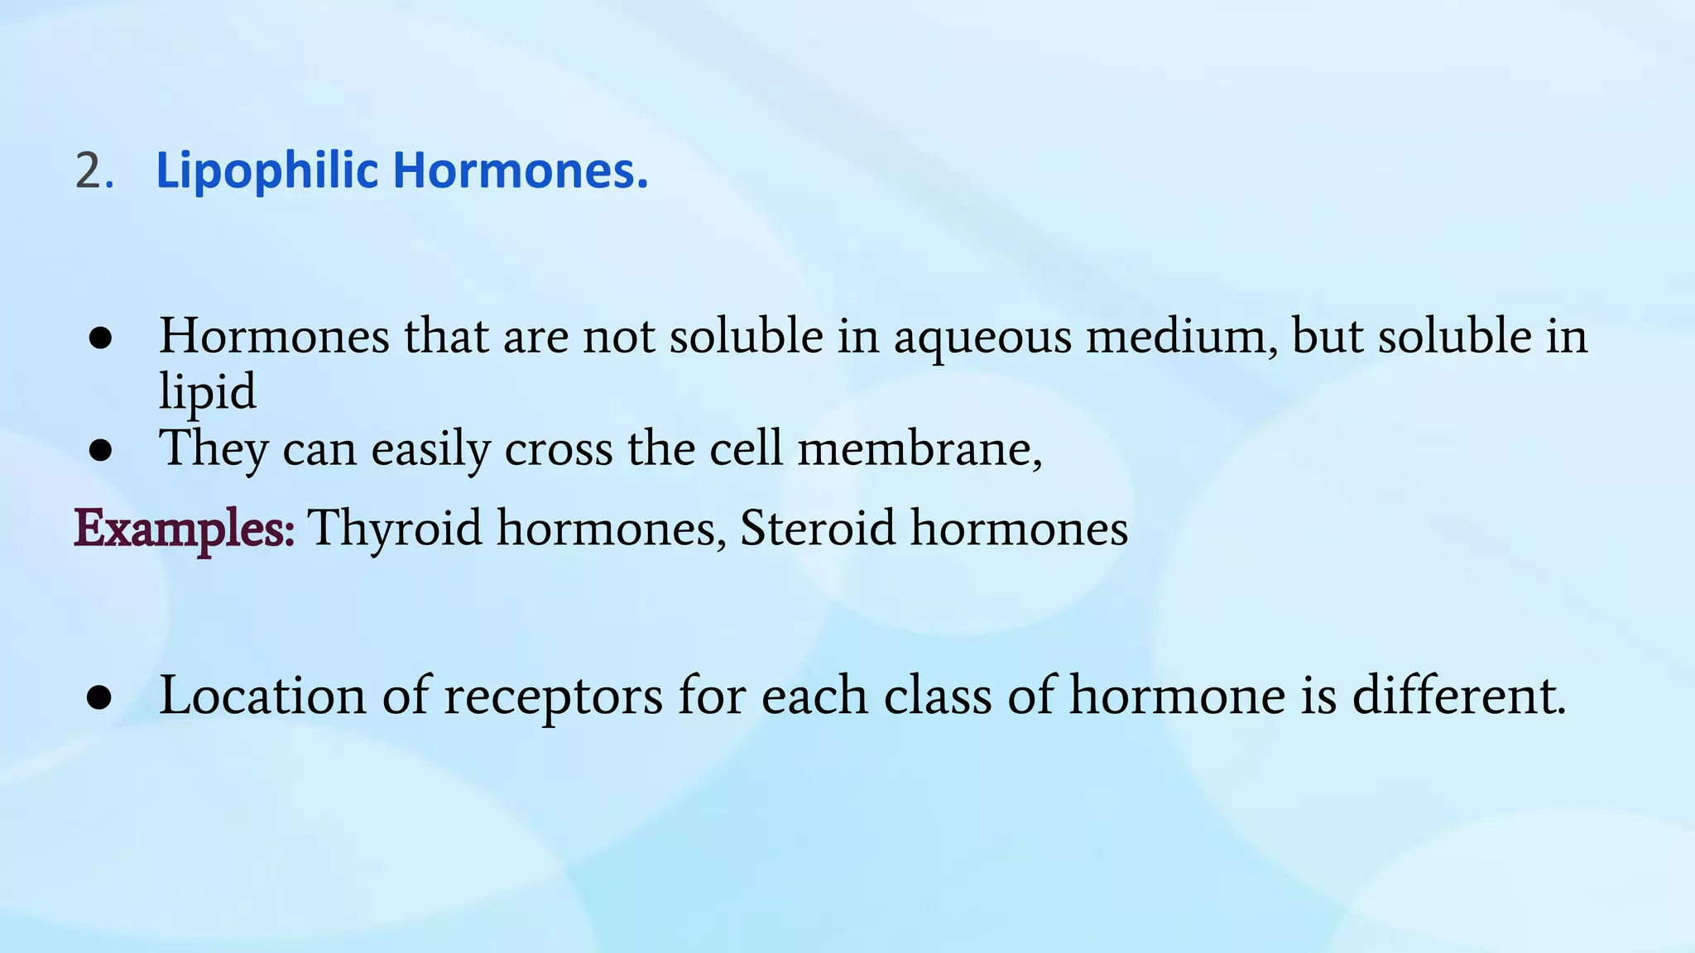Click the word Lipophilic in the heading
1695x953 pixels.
(x=266, y=171)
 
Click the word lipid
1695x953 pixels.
(x=207, y=390)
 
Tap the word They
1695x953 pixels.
(x=214, y=448)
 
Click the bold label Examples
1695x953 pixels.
(x=184, y=528)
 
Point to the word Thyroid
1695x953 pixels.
(x=395, y=528)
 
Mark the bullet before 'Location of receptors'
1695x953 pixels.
(x=99, y=697)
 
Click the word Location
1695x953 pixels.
(x=262, y=695)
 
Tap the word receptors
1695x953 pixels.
(x=553, y=697)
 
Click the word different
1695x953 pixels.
(x=1458, y=695)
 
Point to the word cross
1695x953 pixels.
(x=559, y=448)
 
